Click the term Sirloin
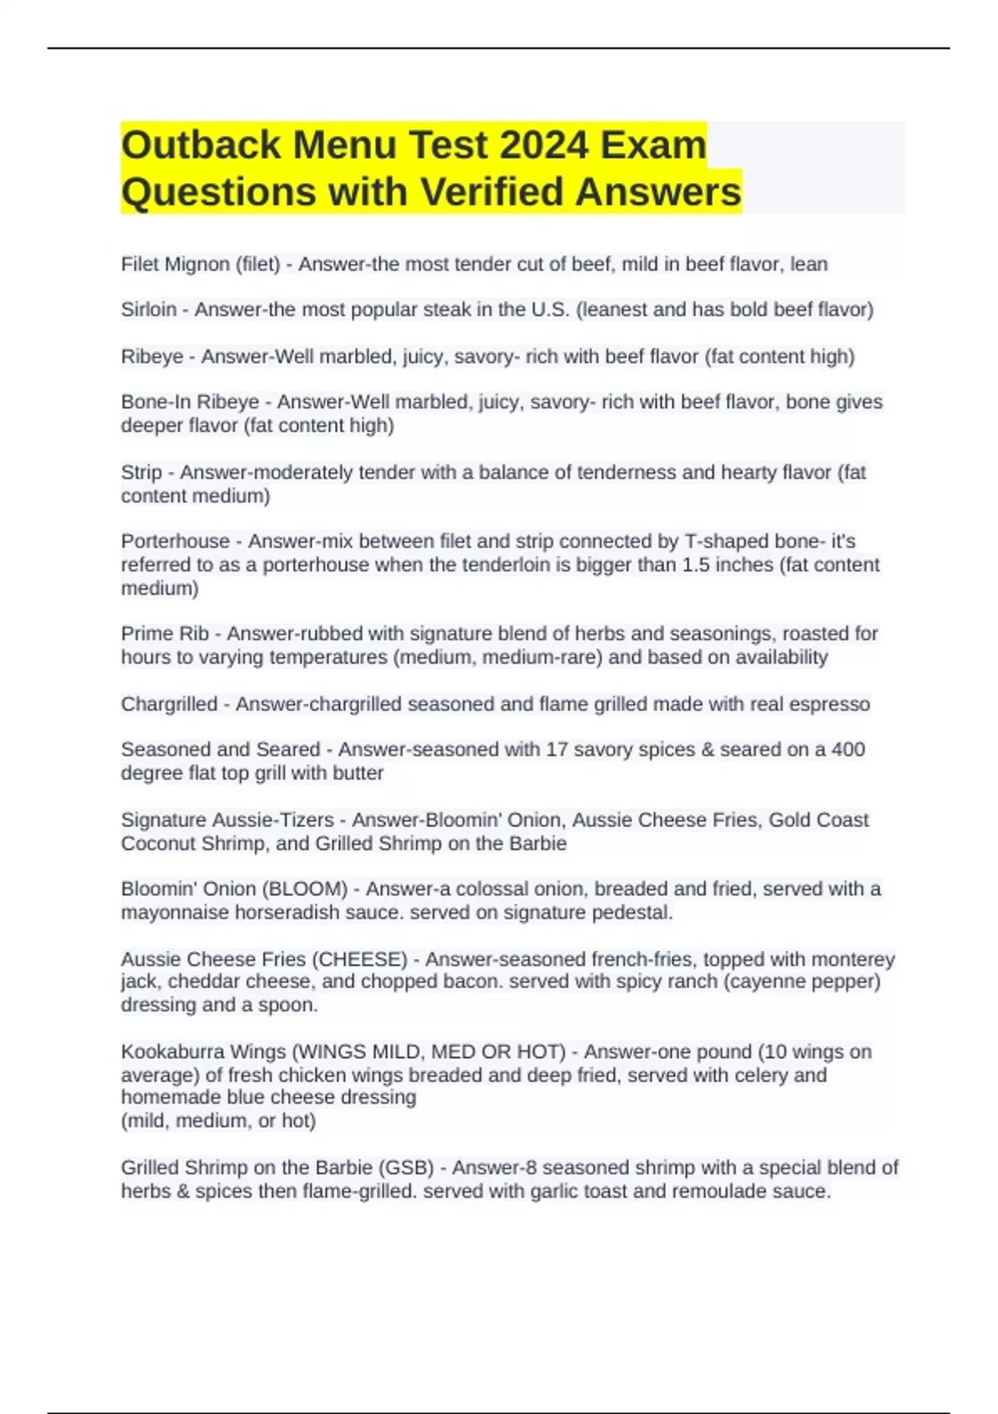(149, 309)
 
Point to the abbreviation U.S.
(550, 309)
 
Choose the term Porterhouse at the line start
(175, 541)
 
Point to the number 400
(847, 749)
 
